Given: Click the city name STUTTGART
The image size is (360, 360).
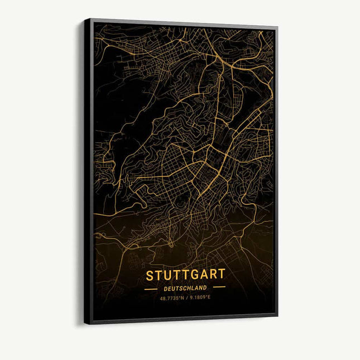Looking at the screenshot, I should click(x=186, y=275).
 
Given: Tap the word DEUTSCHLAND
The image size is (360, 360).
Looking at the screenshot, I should click(x=185, y=288).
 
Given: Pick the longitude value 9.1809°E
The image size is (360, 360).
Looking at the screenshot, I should click(x=200, y=297).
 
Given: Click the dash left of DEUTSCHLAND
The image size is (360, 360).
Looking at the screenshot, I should click(x=151, y=289).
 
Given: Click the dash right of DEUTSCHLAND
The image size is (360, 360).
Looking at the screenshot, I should click(x=219, y=287).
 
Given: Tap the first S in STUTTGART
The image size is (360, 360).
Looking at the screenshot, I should click(x=150, y=276).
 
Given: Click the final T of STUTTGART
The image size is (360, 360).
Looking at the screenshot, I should click(x=222, y=274).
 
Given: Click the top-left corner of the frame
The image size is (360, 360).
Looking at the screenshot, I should click(x=85, y=20).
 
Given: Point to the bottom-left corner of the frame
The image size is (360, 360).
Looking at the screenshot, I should click(x=85, y=323).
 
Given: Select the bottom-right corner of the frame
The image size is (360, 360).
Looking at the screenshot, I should click(x=277, y=316).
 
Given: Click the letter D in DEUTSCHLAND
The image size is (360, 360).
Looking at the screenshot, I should click(x=166, y=289).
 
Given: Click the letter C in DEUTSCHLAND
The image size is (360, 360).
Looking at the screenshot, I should click(x=183, y=288).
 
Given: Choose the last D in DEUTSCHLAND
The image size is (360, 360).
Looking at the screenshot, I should click(x=205, y=288).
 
